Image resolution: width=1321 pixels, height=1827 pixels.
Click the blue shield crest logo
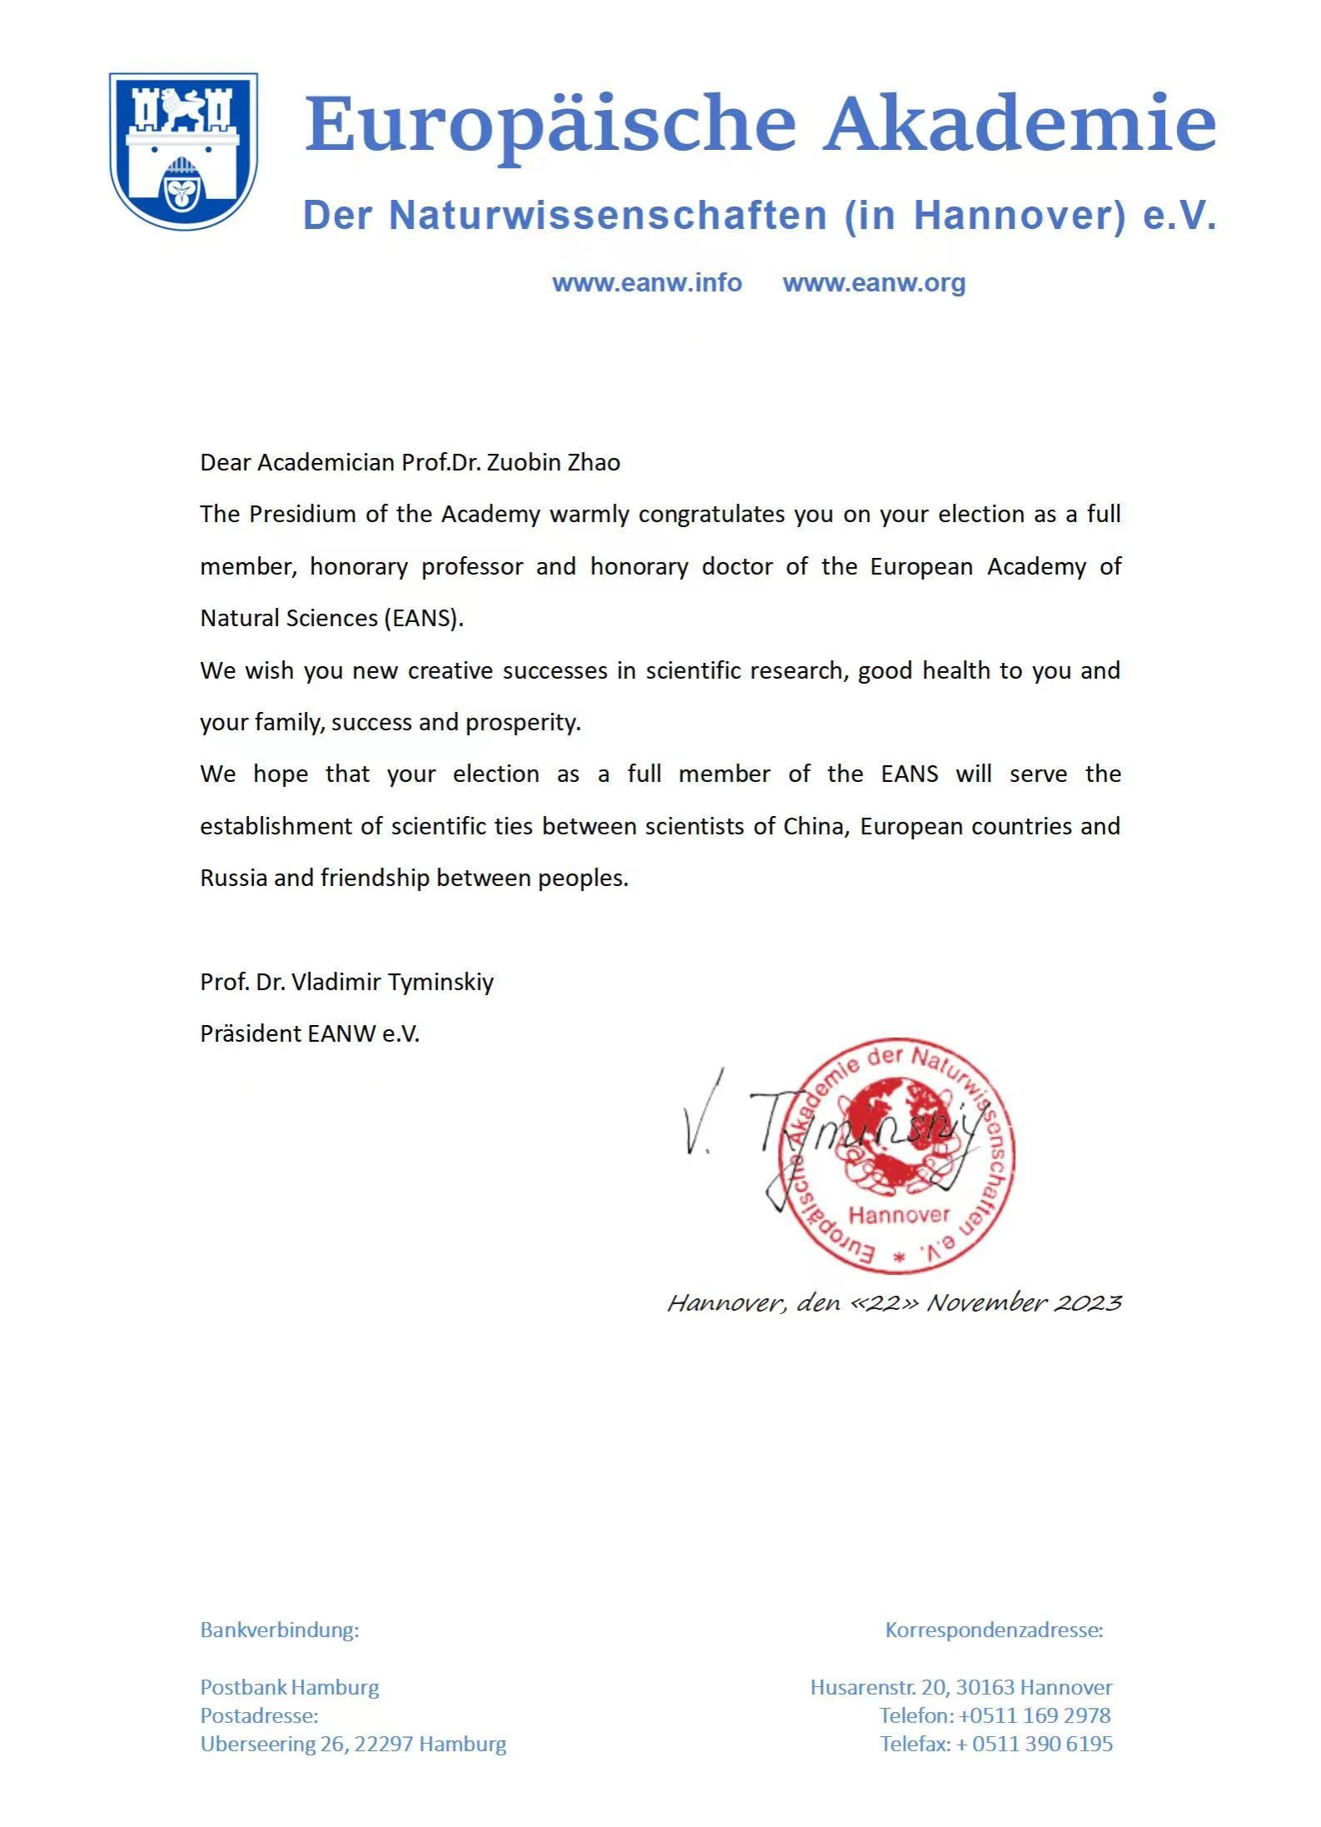click(x=183, y=151)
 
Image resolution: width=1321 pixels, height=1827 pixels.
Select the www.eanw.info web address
click(x=646, y=283)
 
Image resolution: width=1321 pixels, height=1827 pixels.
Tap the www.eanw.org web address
click(x=874, y=283)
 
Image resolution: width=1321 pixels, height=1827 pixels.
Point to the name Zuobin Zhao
click(x=553, y=463)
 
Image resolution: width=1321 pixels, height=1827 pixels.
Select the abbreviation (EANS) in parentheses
click(x=422, y=619)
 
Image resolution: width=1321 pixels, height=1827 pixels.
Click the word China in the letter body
click(x=813, y=826)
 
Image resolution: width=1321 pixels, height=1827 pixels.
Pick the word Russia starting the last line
click(x=233, y=879)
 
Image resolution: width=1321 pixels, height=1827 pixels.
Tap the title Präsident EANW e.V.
click(x=310, y=1034)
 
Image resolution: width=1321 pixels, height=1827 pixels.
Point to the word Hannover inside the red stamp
click(x=899, y=1215)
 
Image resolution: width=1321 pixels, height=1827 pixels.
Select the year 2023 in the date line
click(x=1087, y=1302)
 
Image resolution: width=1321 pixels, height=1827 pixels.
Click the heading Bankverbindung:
click(x=279, y=1630)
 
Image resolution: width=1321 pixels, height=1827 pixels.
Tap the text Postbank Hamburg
click(x=289, y=1687)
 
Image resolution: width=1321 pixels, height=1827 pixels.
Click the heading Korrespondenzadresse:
click(x=994, y=1630)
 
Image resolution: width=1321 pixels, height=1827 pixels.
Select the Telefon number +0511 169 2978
click(x=1034, y=1715)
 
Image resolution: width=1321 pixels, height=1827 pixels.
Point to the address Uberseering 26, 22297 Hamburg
click(x=353, y=1744)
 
